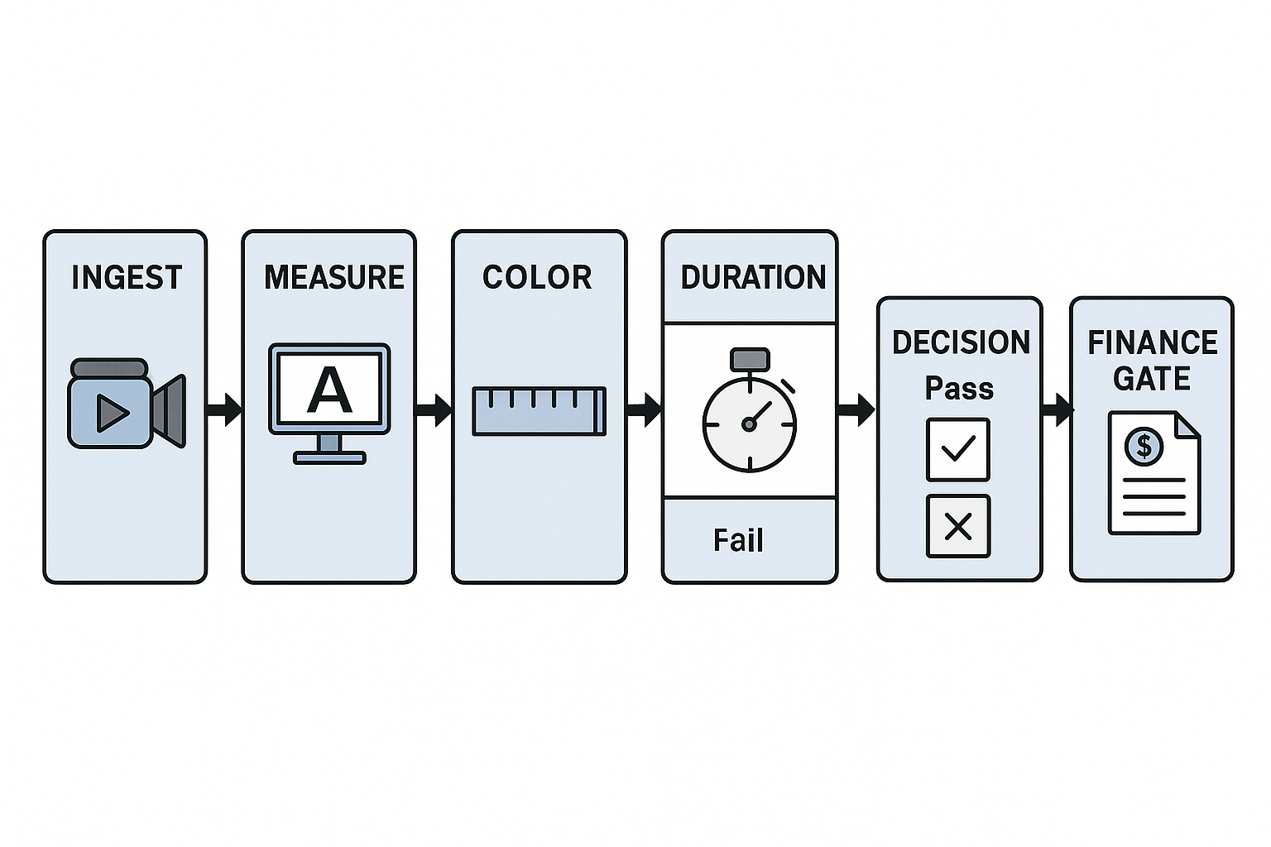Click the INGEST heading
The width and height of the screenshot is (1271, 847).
point(127,277)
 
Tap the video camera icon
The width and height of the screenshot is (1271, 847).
point(126,404)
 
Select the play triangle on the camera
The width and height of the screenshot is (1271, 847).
point(112,412)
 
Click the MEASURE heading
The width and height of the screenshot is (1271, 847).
point(334,277)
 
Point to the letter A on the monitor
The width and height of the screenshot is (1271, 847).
point(329,391)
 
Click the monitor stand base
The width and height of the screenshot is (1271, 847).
point(329,457)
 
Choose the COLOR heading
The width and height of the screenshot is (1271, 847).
point(537,277)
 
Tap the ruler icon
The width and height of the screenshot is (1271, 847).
point(539,411)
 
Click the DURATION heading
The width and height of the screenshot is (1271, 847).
point(753,277)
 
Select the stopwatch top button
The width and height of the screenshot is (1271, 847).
point(750,359)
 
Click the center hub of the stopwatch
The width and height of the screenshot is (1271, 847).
point(749,424)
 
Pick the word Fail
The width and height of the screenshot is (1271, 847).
point(738,541)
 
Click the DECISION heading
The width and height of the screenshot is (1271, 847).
point(961,342)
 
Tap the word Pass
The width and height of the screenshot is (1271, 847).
point(959,388)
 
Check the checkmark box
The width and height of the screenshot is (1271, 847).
point(958,449)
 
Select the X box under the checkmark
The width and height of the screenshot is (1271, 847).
point(958,526)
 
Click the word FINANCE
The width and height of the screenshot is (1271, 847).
point(1152,342)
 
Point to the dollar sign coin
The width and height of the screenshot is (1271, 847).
point(1144,447)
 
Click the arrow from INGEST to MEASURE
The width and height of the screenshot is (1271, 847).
point(223,408)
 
